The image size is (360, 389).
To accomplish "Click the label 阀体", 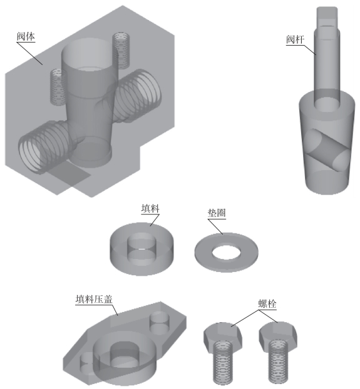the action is pos(26,37).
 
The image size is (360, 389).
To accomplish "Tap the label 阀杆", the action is pos(295,39).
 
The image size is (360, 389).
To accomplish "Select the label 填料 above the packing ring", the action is pos(150,208).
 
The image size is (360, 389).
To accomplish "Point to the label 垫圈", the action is pos(217,213).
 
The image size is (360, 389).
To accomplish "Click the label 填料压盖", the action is pos(94,299).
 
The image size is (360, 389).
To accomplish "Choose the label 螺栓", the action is pos(267,304).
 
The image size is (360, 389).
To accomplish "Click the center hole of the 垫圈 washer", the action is pos(226,252).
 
